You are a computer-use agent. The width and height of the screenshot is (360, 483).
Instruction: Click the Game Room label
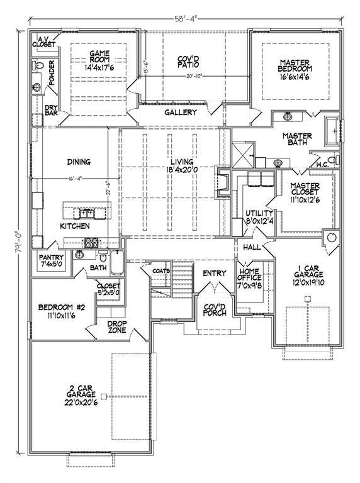pos(99,57)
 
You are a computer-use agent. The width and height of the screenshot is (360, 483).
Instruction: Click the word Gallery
pos(181,113)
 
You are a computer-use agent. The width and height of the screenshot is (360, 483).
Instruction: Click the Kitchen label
pos(75,225)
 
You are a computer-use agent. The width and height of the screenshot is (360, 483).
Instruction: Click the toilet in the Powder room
pos(38,65)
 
